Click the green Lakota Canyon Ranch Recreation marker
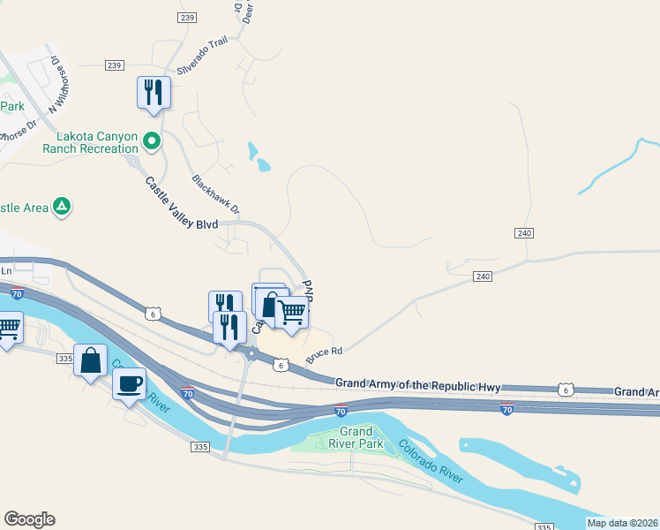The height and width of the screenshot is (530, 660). tap(152, 140)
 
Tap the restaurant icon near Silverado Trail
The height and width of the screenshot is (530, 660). tap(154, 92)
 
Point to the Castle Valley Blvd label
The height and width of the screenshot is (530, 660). tap(181, 202)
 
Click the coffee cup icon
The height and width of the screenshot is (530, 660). tap(130, 383)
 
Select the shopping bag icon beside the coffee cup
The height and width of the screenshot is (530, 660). tap(91, 360)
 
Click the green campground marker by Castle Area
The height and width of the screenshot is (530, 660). tap(62, 206)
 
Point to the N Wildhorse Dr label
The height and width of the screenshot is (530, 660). tap(57, 86)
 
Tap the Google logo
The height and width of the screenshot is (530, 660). tap(29, 519)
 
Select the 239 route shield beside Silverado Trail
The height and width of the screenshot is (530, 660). tap(114, 65)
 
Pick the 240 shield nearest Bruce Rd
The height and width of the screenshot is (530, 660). tap(482, 276)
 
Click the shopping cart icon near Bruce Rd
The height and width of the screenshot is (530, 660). tap(291, 310)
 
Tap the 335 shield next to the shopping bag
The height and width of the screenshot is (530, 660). tap(64, 358)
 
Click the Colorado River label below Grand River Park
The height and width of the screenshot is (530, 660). tap(430, 462)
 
